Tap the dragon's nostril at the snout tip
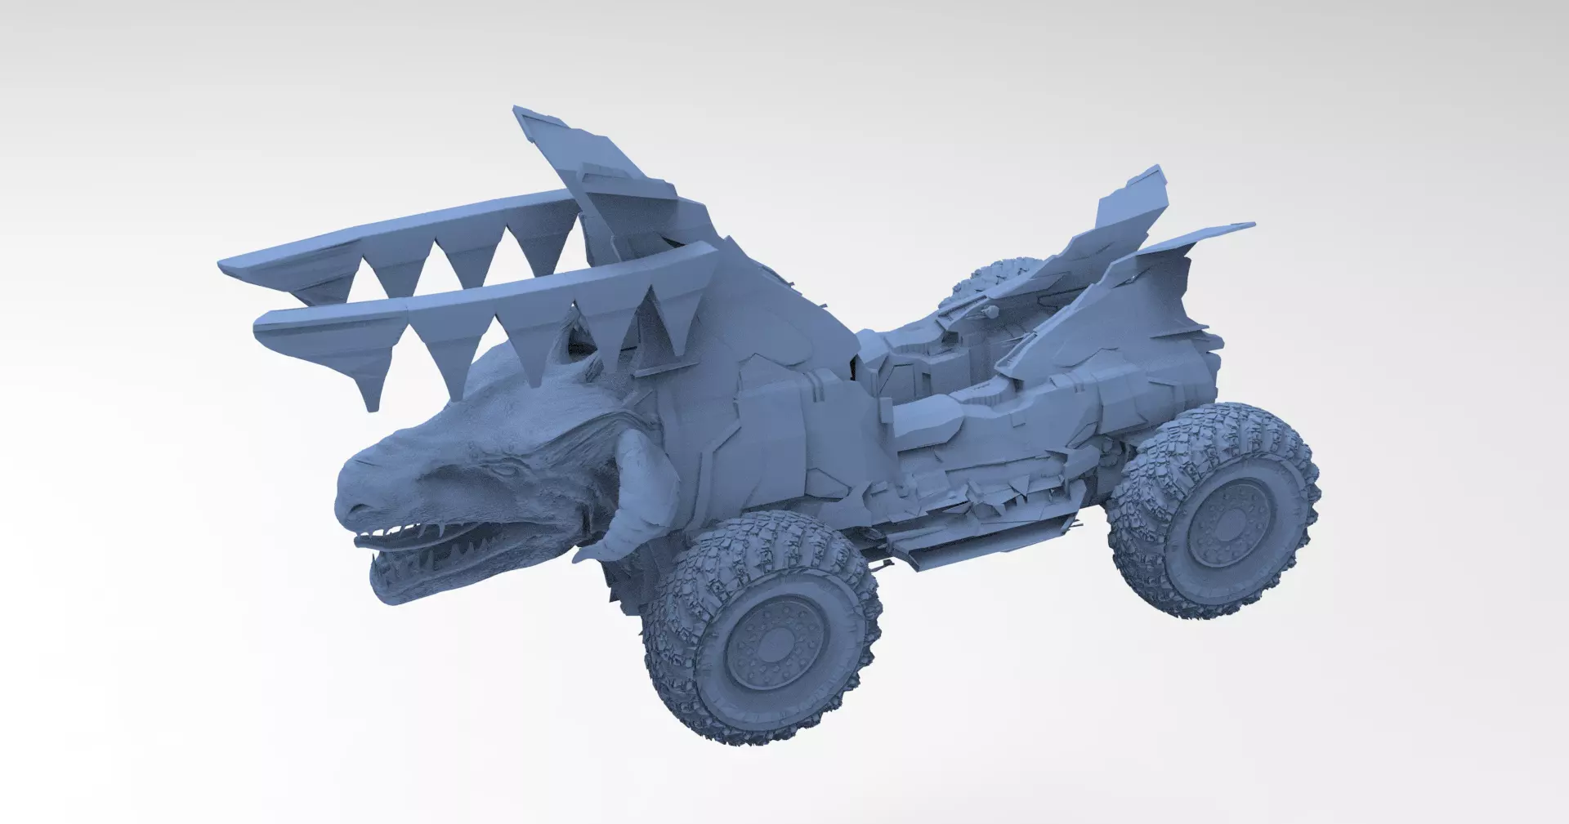coord(350,508)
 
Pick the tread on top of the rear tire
coord(1209,425)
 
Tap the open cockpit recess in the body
coord(940,367)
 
